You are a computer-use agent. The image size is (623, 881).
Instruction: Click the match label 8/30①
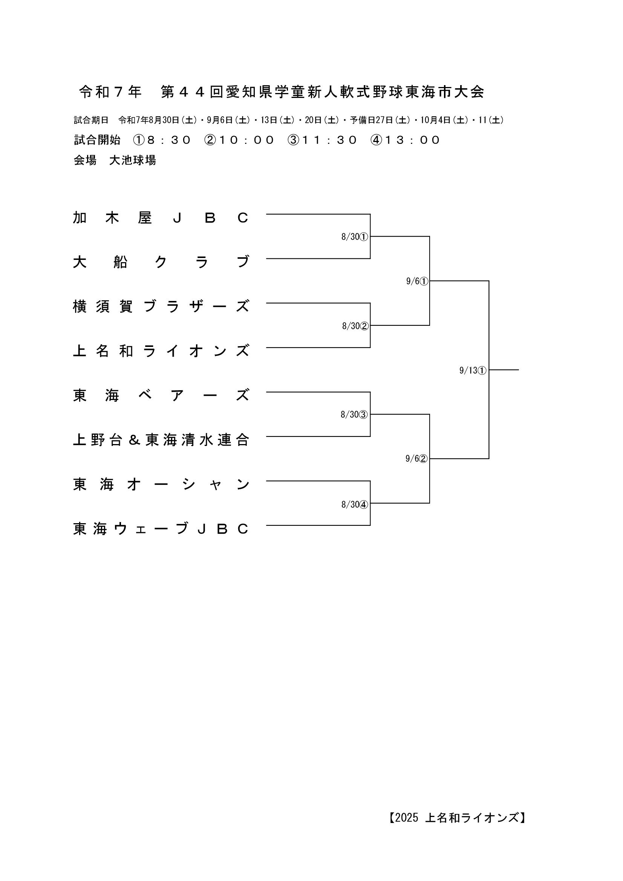pyautogui.click(x=355, y=237)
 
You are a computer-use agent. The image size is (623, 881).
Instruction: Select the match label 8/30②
pyautogui.click(x=355, y=326)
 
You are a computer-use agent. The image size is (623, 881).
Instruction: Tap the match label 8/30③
pyautogui.click(x=354, y=415)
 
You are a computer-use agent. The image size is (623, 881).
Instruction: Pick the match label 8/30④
pyautogui.click(x=355, y=505)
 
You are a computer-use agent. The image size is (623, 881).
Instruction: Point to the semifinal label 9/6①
pyautogui.click(x=417, y=281)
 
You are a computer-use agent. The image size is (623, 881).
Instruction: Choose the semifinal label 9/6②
pyautogui.click(x=416, y=458)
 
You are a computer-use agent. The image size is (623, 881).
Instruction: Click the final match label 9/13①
pyautogui.click(x=473, y=371)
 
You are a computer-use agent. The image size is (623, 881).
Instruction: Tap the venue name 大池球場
pyautogui.click(x=132, y=160)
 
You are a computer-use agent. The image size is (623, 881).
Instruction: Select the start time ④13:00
pyautogui.click(x=405, y=140)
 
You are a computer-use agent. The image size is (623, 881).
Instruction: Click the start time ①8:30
pyautogui.click(x=162, y=140)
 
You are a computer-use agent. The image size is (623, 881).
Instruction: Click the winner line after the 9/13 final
pyautogui.click(x=504, y=370)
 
